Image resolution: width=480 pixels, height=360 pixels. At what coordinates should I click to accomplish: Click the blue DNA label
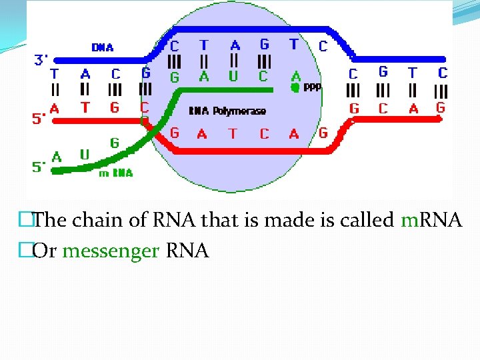(x=103, y=47)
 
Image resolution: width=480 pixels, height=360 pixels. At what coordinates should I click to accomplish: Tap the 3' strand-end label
(x=41, y=60)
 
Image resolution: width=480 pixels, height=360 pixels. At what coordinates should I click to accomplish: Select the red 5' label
(x=39, y=119)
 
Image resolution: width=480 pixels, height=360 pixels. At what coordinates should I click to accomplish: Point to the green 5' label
(x=39, y=168)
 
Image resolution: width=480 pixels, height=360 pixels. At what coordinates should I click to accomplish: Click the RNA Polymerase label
(x=227, y=111)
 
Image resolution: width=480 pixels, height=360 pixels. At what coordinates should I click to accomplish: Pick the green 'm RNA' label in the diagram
(x=115, y=173)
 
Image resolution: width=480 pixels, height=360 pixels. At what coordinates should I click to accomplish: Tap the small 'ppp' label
(x=312, y=87)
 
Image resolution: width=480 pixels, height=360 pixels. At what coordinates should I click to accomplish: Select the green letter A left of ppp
(x=295, y=76)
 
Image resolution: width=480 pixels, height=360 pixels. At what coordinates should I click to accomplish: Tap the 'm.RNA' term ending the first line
(x=431, y=220)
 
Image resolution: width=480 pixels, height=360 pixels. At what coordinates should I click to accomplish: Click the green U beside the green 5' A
(x=85, y=155)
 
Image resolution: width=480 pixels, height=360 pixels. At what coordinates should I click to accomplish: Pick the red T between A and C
(x=232, y=133)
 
